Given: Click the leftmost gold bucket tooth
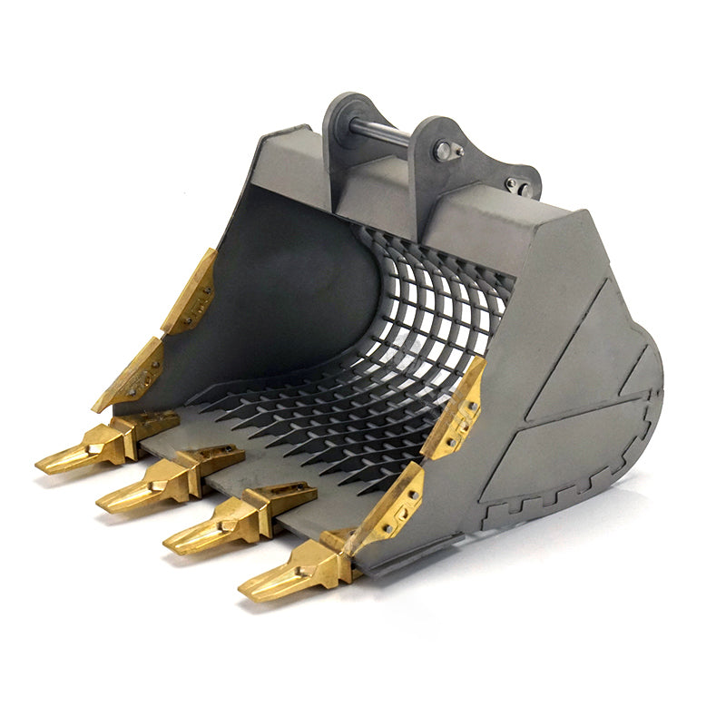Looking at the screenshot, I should click(x=77, y=456).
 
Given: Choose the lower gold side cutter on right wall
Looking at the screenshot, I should click(x=390, y=508).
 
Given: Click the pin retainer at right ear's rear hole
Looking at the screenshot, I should click(x=516, y=186).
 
